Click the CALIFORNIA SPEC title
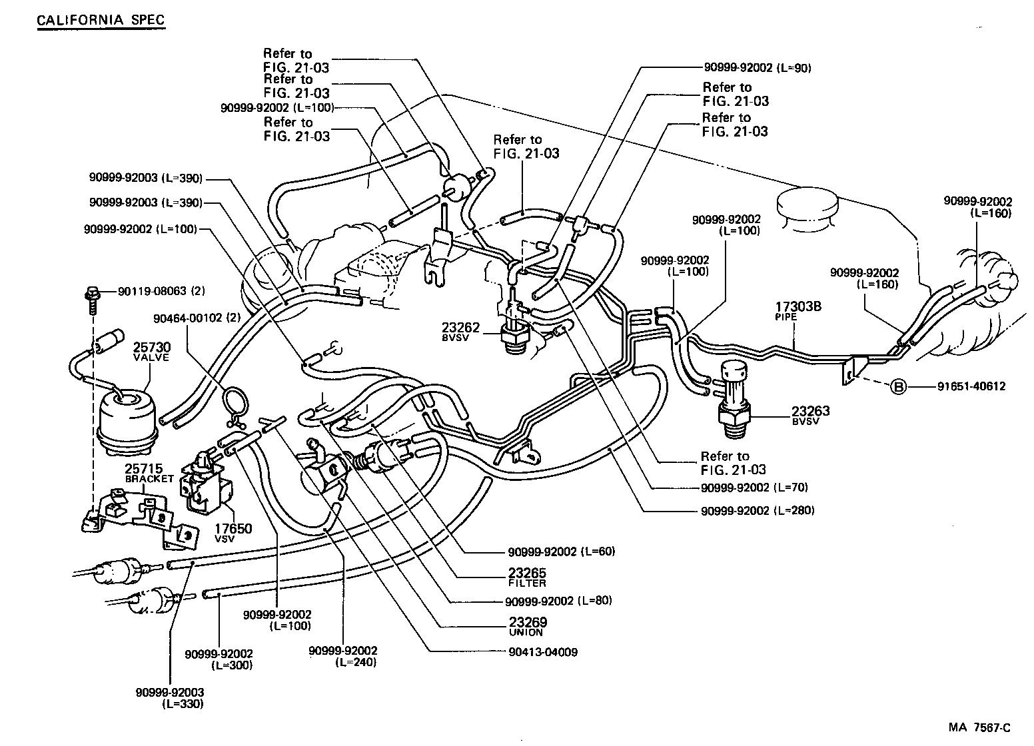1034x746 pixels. (100, 20)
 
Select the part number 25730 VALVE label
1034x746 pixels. (151, 351)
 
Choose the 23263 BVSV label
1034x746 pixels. (811, 415)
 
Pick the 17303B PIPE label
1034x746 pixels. (797, 311)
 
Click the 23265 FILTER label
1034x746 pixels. (527, 577)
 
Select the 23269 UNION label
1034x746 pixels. (527, 626)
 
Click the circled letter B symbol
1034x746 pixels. (899, 386)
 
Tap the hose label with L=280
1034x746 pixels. (757, 511)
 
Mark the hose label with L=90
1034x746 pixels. (757, 67)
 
